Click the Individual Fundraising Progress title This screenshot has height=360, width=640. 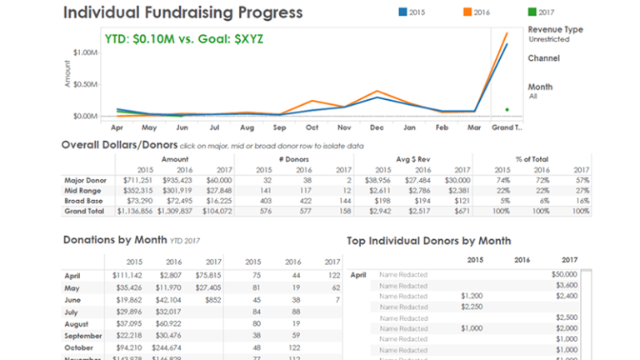(x=183, y=13)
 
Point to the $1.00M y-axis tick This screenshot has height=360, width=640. (x=86, y=52)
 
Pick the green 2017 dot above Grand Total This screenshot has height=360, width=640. (x=507, y=109)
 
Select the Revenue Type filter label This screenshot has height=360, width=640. (x=556, y=29)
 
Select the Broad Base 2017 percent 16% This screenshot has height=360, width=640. (x=580, y=201)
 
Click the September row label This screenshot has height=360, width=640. (x=83, y=337)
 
